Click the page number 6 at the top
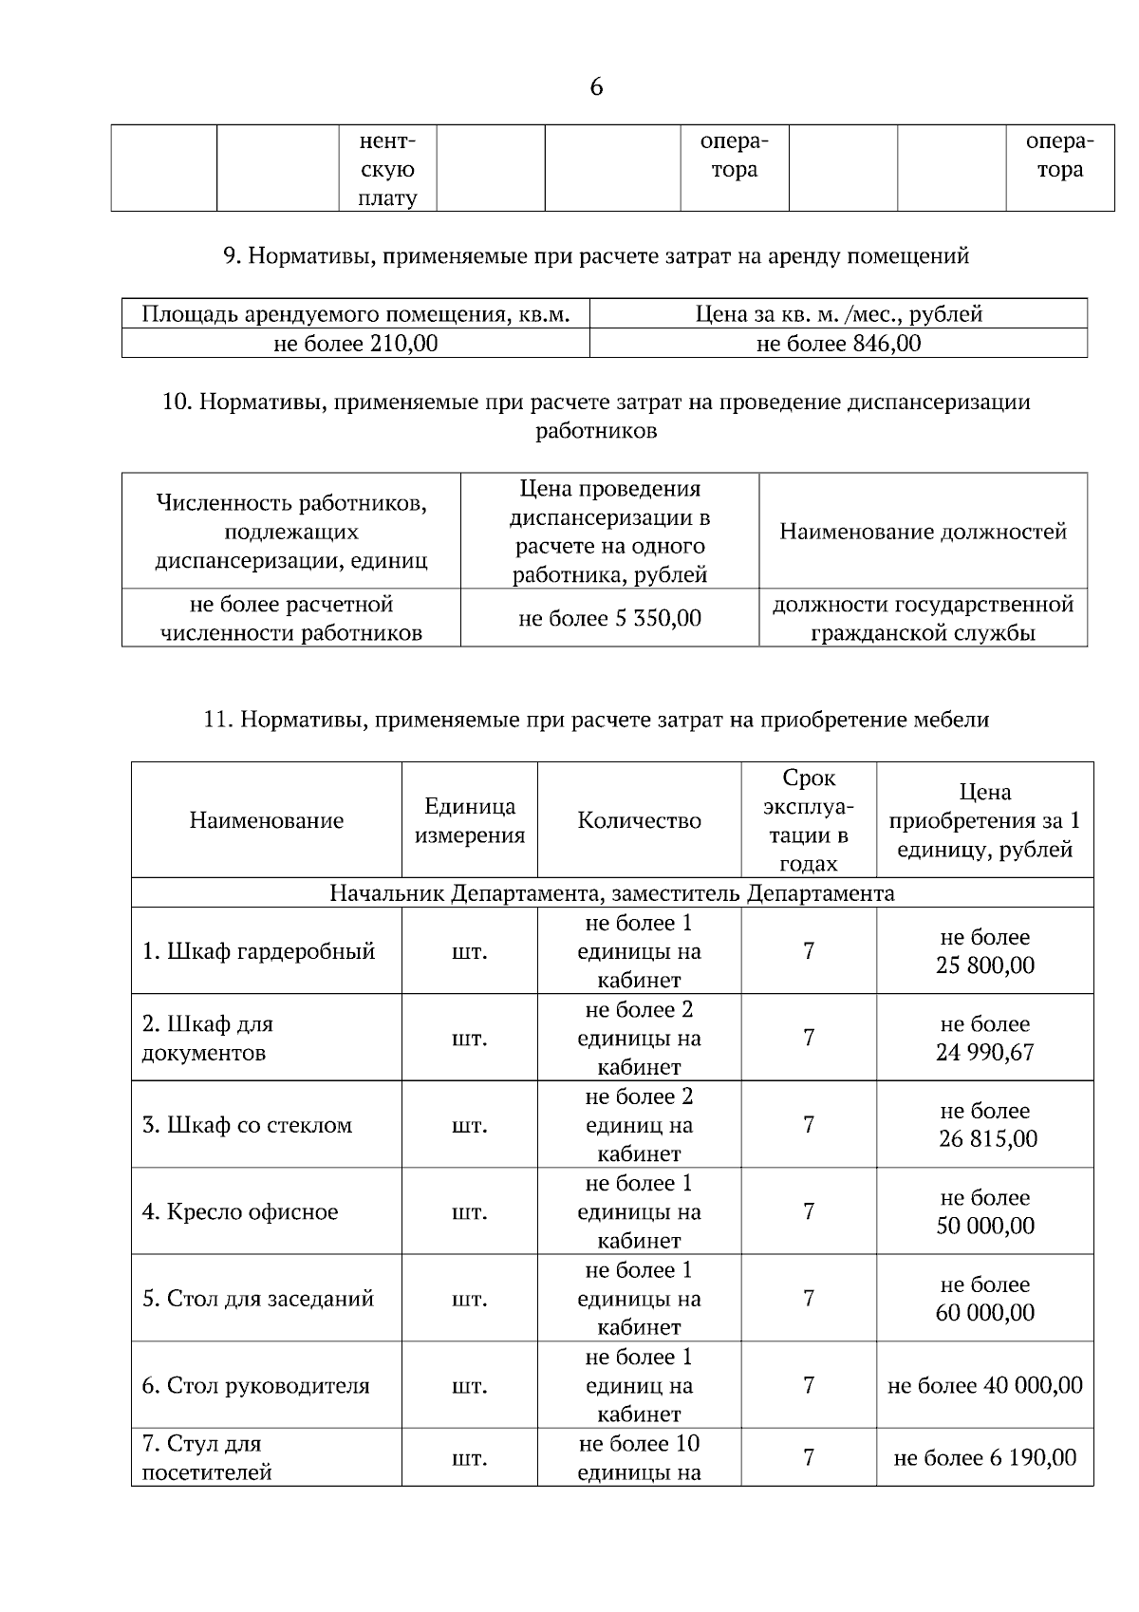click(x=596, y=87)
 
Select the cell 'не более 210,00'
click(x=356, y=344)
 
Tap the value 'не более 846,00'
click(x=838, y=344)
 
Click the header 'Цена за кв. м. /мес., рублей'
click(x=838, y=314)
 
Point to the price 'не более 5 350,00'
click(x=609, y=619)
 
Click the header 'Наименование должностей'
click(x=923, y=532)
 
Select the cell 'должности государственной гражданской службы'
click(x=923, y=619)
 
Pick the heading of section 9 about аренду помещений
click(x=596, y=255)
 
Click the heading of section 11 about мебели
click(x=596, y=720)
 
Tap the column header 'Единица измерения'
click(x=470, y=821)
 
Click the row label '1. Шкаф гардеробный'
click(x=258, y=951)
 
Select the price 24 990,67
click(x=984, y=1053)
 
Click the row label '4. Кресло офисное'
click(x=240, y=1212)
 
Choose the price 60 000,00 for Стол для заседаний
click(x=984, y=1313)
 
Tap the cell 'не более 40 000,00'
click(x=984, y=1386)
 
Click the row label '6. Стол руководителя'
click(x=255, y=1386)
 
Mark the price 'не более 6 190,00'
click(x=984, y=1458)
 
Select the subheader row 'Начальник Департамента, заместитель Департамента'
click(x=611, y=893)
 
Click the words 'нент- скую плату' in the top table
click(x=387, y=170)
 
